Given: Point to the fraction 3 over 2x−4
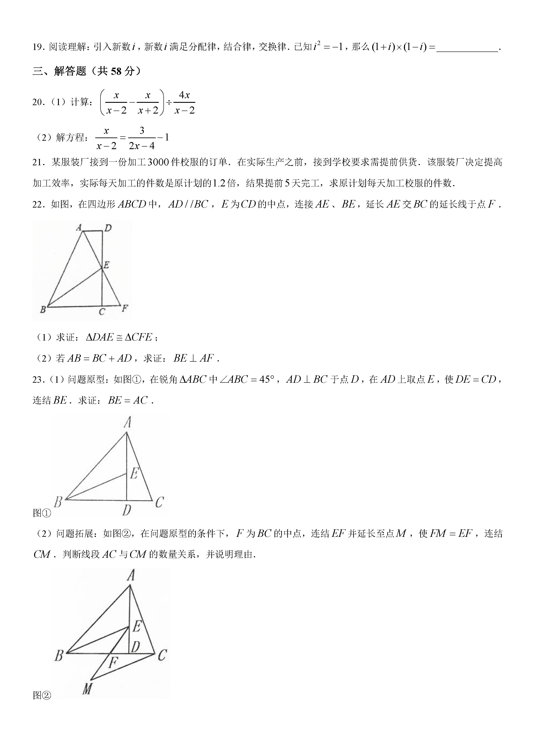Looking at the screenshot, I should (x=142, y=138).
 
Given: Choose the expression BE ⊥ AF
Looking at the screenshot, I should (x=193, y=358).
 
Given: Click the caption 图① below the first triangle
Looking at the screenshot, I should (x=42, y=513).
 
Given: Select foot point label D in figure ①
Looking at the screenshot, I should (x=127, y=510).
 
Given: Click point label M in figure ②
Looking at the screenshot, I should (x=87, y=688).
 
